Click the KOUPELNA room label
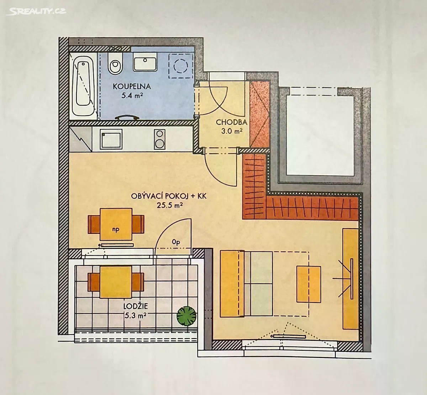(x=132, y=86)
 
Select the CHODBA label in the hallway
(x=232, y=123)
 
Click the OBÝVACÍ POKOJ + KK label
(x=169, y=196)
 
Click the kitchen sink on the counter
(x=111, y=139)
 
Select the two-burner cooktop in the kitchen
(x=159, y=139)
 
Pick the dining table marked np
(x=116, y=224)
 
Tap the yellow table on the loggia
(x=116, y=282)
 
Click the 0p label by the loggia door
(x=176, y=242)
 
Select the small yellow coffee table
(x=309, y=284)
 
